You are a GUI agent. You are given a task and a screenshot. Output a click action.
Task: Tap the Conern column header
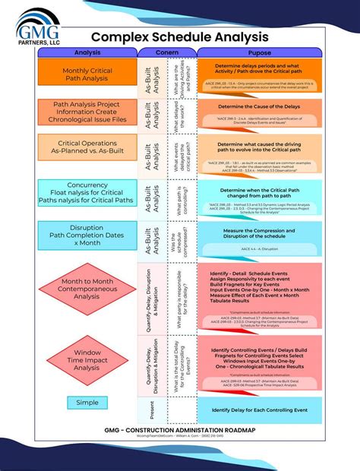pos(166,53)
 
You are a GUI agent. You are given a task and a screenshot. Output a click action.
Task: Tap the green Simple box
pos(87,402)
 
